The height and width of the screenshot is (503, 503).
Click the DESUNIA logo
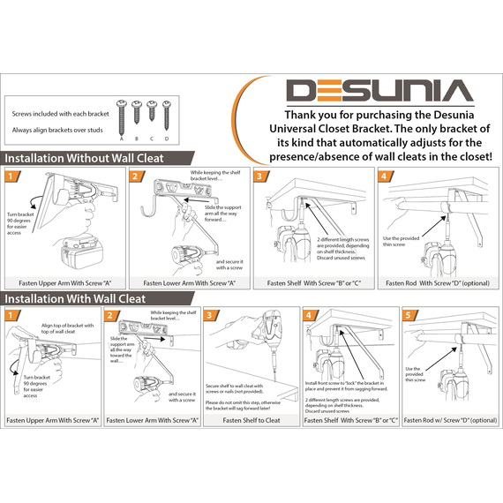pos(379,91)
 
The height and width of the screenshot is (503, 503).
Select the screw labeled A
pos(122,117)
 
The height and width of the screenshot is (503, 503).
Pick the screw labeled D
pos(167,116)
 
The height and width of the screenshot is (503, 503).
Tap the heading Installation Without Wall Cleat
pos(84,158)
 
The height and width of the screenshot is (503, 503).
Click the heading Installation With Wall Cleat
pos(75,298)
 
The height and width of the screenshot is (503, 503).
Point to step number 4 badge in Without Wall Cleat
pos(385,176)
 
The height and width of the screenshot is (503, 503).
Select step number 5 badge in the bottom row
pos(409,315)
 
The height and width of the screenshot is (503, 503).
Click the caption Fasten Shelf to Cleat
pos(251,420)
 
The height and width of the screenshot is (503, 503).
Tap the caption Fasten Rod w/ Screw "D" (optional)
pos(450,420)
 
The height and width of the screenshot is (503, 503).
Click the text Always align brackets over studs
pos(57,130)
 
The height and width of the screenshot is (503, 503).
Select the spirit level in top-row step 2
pos(182,188)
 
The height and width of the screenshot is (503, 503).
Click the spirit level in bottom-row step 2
pos(142,328)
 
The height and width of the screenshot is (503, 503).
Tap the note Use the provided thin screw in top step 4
pos(401,241)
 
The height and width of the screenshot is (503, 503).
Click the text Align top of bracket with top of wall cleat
pos(67,328)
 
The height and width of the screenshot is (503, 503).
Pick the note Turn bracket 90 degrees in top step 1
pos(20,223)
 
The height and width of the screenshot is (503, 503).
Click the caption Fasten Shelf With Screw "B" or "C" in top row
pos(314,283)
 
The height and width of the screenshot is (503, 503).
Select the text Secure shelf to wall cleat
pos(234,386)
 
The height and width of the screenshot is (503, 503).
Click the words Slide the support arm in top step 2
pos(223,210)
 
